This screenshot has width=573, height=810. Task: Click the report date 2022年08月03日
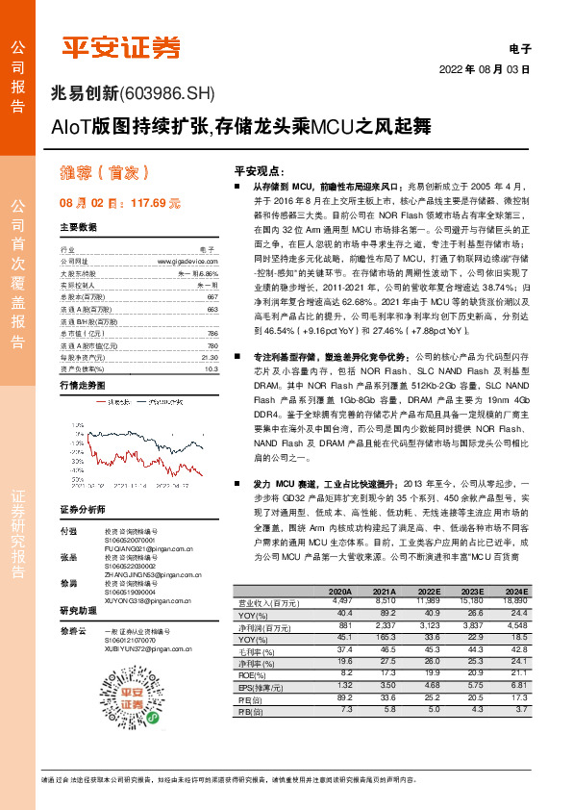(x=485, y=70)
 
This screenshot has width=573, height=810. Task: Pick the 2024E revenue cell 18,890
(x=515, y=601)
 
